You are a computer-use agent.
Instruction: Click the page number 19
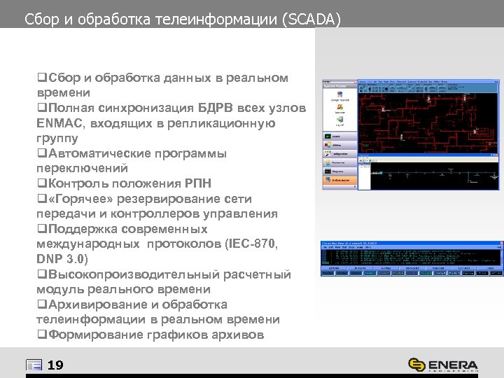pyautogui.click(x=55, y=364)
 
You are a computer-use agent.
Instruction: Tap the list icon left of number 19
pyautogui.click(x=33, y=364)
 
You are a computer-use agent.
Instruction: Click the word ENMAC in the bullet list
pyautogui.click(x=59, y=122)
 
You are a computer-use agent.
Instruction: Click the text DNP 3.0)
pyautogui.click(x=62, y=259)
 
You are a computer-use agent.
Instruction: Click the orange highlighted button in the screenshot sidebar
pyautogui.click(x=339, y=180)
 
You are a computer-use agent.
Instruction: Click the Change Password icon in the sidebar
pyautogui.click(x=339, y=99)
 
